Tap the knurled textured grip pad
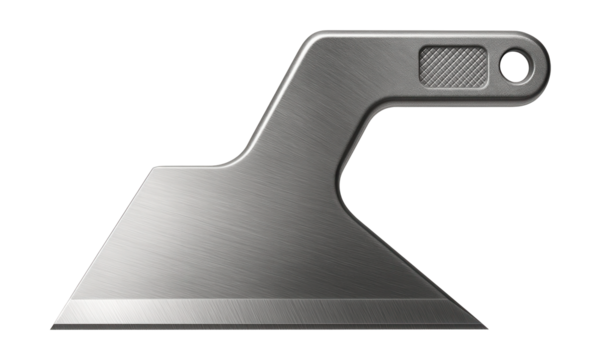coord(451,66)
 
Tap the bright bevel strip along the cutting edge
coord(270,311)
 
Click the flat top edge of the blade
coord(190,166)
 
